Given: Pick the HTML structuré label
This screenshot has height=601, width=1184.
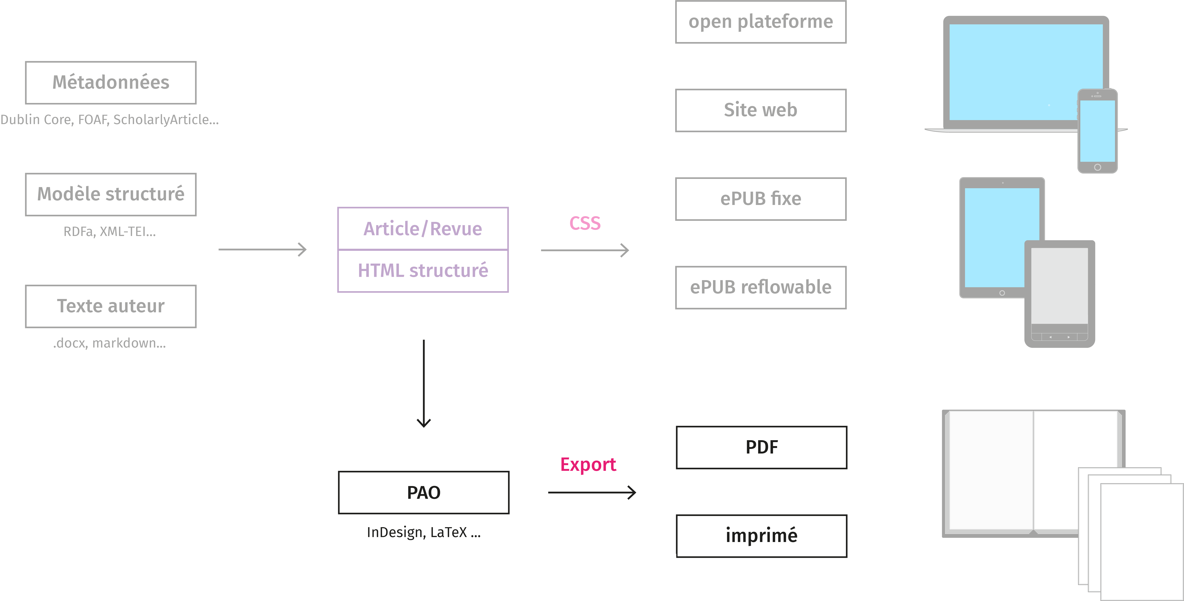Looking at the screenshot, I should pyautogui.click(x=423, y=271).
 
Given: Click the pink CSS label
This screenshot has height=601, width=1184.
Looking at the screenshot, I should pyautogui.click(x=585, y=223).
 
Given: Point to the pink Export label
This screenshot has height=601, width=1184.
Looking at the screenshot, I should pyautogui.click(x=588, y=465).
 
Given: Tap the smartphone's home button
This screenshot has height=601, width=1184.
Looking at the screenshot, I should pyautogui.click(x=1098, y=167).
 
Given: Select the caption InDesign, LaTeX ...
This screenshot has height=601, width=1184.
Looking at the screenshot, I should pyautogui.click(x=423, y=532).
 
